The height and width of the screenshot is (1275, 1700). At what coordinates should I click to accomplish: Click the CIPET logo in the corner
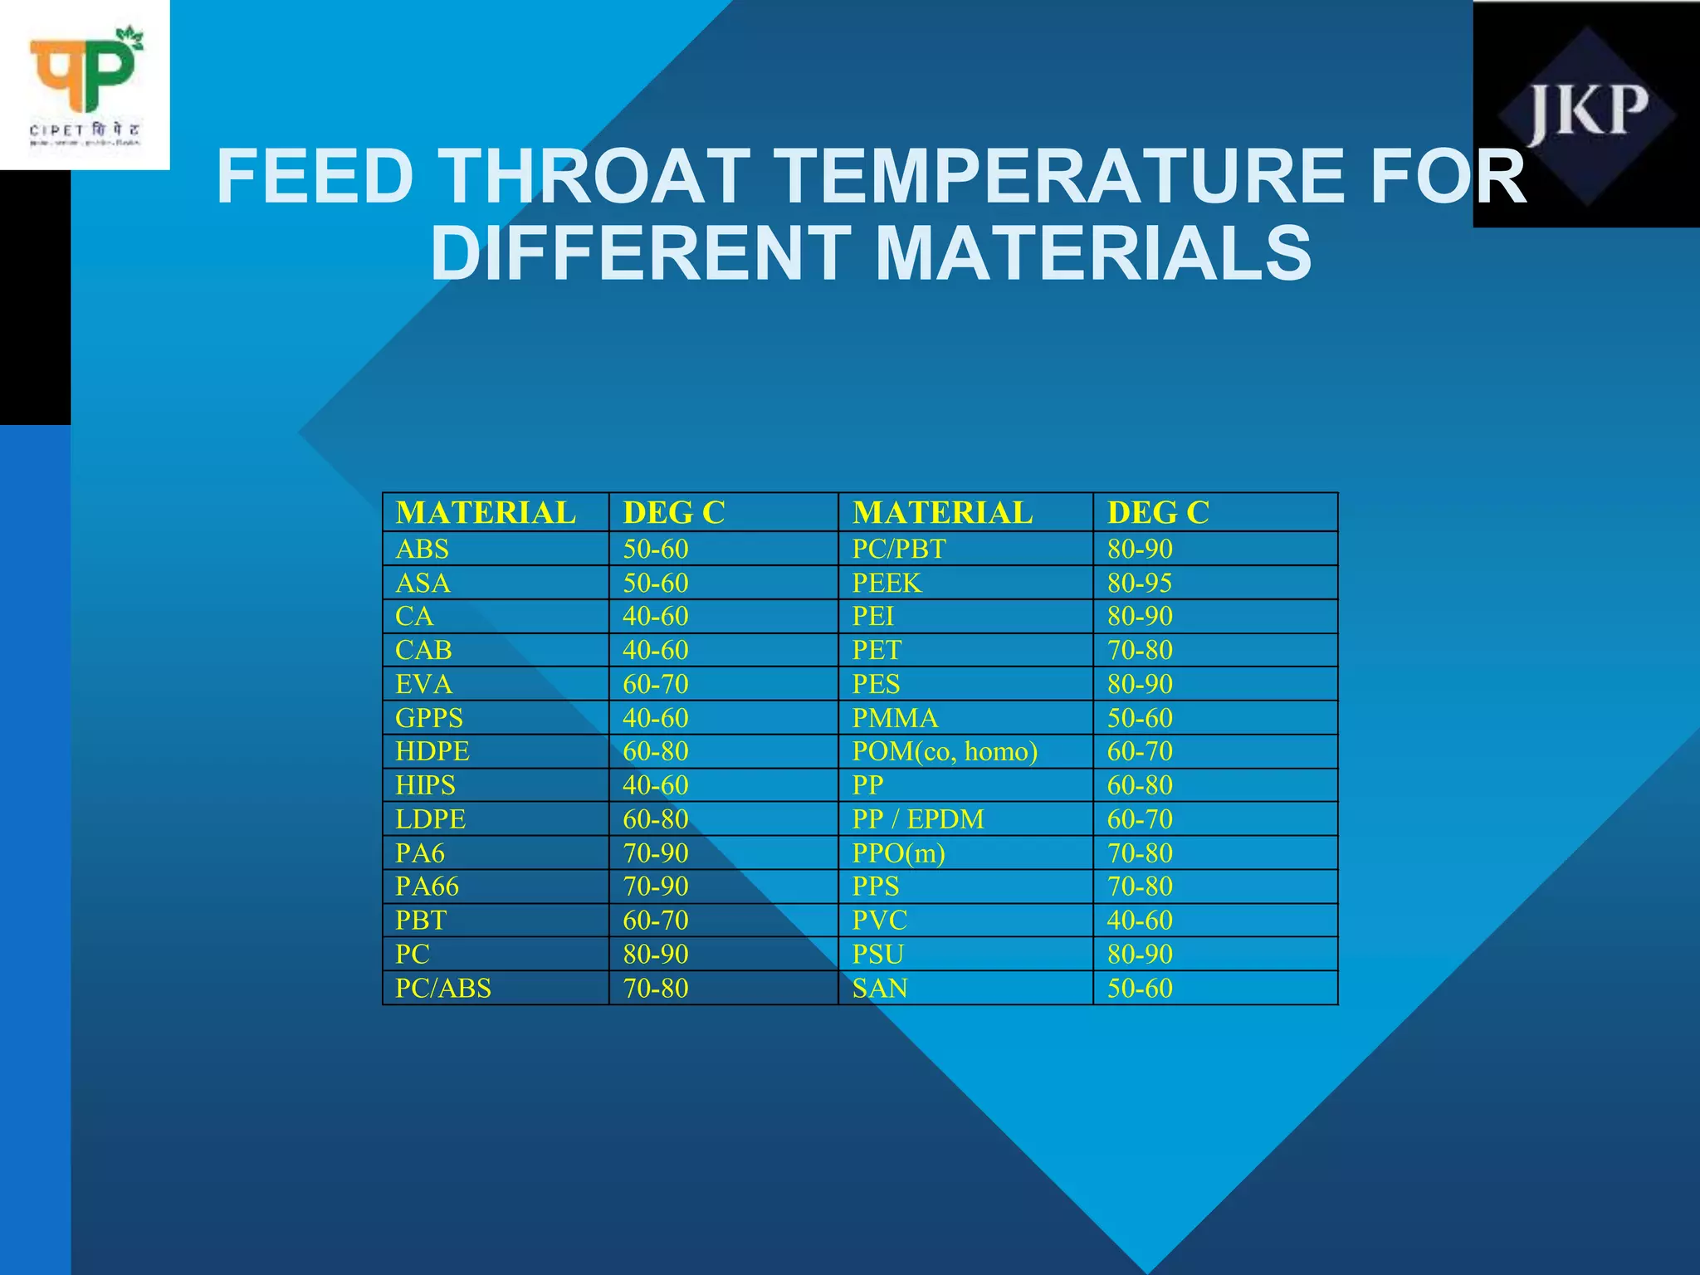pyautogui.click(x=85, y=85)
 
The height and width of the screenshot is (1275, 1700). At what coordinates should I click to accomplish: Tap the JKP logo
pyautogui.click(x=1587, y=115)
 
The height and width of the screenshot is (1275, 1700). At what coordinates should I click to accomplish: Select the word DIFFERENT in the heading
pyautogui.click(x=639, y=253)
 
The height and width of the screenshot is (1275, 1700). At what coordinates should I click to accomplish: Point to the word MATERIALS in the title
pyautogui.click(x=1093, y=253)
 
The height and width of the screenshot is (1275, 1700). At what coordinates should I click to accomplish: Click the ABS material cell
pyautogui.click(x=423, y=550)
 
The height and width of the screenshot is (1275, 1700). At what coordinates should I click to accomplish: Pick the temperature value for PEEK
pyautogui.click(x=1139, y=584)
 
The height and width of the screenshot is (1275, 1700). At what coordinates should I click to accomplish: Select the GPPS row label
pyautogui.click(x=429, y=718)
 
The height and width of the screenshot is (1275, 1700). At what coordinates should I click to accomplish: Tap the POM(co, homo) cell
pyautogui.click(x=945, y=752)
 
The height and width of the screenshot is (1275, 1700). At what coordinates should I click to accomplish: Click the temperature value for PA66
pyautogui.click(x=656, y=887)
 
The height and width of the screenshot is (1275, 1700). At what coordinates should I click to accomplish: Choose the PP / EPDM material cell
pyautogui.click(x=918, y=819)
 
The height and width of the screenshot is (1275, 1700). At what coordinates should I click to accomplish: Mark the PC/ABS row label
pyautogui.click(x=443, y=989)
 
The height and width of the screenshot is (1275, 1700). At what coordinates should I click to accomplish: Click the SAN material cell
pyautogui.click(x=880, y=989)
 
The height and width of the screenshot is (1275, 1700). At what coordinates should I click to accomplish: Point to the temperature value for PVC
pyautogui.click(x=1139, y=921)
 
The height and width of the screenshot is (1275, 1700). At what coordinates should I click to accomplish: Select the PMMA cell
pyautogui.click(x=895, y=718)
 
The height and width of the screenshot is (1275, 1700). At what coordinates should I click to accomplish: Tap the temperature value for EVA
pyautogui.click(x=656, y=685)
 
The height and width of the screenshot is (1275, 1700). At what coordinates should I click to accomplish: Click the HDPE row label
pyautogui.click(x=432, y=752)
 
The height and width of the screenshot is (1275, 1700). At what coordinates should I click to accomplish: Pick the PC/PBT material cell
pyautogui.click(x=899, y=550)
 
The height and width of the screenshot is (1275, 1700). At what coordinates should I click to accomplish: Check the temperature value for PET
pyautogui.click(x=1139, y=651)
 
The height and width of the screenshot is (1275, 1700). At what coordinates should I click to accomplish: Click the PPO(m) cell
pyautogui.click(x=899, y=853)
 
